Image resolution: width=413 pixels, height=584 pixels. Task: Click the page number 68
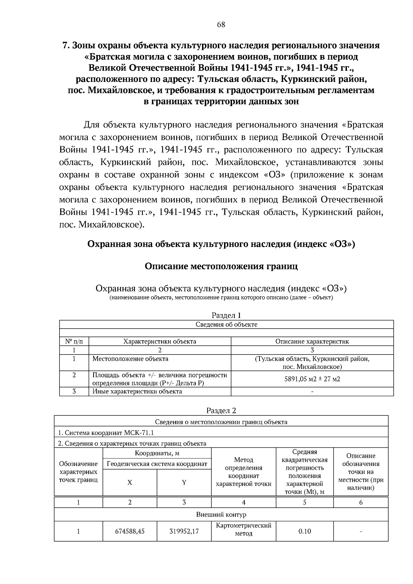pyautogui.click(x=221, y=25)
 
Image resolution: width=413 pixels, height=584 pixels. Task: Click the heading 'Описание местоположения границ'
pyautogui.click(x=221, y=266)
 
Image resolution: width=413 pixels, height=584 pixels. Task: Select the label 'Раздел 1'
pyautogui.click(x=226, y=316)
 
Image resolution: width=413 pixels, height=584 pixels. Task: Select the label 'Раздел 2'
pyautogui.click(x=221, y=411)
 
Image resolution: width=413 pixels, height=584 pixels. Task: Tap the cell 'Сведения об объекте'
pyautogui.click(x=226, y=325)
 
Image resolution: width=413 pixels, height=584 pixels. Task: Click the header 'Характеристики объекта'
pyautogui.click(x=160, y=341)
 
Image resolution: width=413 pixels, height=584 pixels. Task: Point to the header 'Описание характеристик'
pyautogui.click(x=312, y=341)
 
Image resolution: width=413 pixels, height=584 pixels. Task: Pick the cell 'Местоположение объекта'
pyautogui.click(x=130, y=359)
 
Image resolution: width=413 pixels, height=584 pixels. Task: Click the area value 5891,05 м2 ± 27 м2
pyautogui.click(x=312, y=379)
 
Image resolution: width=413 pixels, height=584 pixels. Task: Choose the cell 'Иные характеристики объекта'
pyautogui.click(x=137, y=392)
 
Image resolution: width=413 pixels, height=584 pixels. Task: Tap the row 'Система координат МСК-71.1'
pyautogui.click(x=106, y=433)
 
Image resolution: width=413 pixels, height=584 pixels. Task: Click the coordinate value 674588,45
pyautogui.click(x=130, y=531)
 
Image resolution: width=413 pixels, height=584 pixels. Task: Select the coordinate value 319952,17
pyautogui.click(x=184, y=531)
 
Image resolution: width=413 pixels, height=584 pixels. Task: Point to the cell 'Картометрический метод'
pyautogui.click(x=244, y=530)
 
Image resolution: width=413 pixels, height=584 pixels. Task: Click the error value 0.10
pyautogui.click(x=305, y=531)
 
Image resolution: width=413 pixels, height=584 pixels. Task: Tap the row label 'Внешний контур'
pyautogui.click(x=221, y=515)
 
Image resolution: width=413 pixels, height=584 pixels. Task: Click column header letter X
pyautogui.click(x=130, y=483)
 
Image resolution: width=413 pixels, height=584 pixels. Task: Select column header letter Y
pyautogui.click(x=184, y=483)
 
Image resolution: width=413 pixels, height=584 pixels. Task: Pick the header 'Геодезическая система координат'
pyautogui.click(x=157, y=464)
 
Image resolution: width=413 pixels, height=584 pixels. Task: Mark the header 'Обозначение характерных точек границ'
pyautogui.click(x=78, y=472)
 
